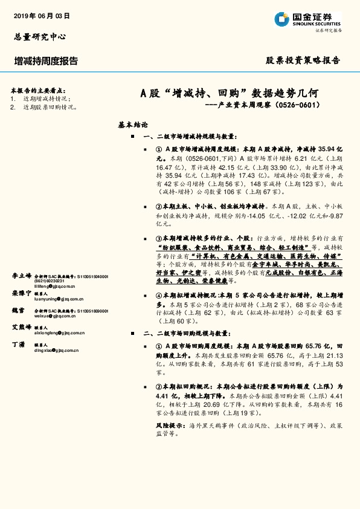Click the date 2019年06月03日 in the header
(x=42, y=16)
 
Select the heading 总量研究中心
(x=39, y=37)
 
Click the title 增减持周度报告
(x=46, y=61)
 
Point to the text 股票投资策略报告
(x=303, y=60)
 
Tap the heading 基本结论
(x=133, y=125)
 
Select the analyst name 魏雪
(x=18, y=310)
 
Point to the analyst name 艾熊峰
(x=22, y=326)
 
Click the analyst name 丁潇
(x=18, y=343)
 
